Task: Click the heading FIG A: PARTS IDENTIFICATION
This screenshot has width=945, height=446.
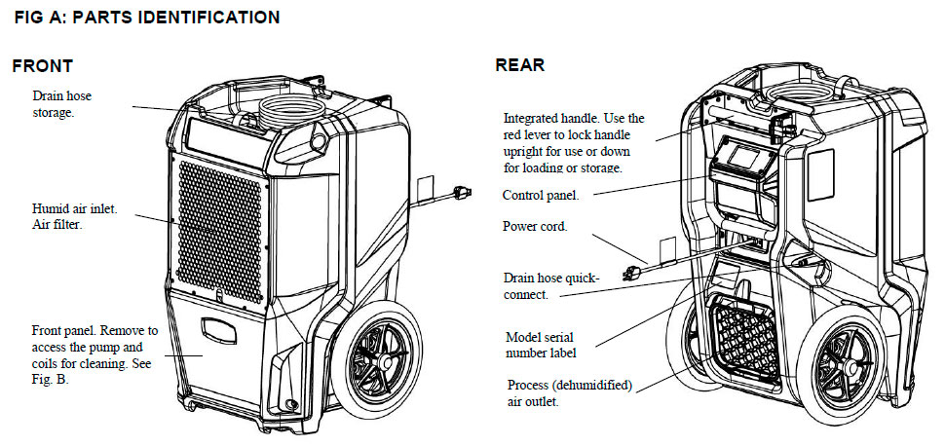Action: (146, 18)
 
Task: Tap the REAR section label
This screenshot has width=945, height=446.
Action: (520, 65)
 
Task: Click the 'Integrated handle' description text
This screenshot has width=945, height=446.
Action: (574, 142)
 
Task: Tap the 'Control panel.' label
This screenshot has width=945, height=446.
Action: (541, 195)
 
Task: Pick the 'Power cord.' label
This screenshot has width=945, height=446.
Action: (535, 226)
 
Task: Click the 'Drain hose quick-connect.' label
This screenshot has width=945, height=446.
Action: (551, 285)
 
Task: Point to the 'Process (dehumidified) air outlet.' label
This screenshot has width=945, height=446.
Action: (569, 392)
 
